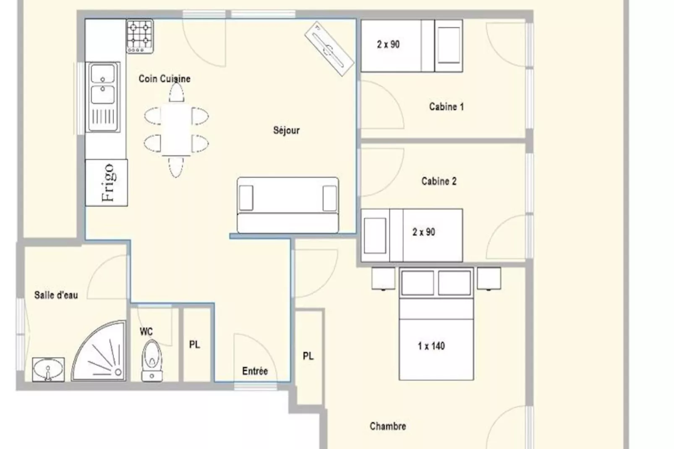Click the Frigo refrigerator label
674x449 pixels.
click(108, 183)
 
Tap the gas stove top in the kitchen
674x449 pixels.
click(140, 36)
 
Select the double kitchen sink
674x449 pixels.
click(103, 97)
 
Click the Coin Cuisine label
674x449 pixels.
click(165, 79)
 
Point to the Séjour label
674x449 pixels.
click(287, 131)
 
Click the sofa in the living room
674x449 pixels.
click(287, 205)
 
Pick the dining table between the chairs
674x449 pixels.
click(176, 130)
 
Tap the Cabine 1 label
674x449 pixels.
click(447, 107)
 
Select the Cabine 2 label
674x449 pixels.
click(439, 181)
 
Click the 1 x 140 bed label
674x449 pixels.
click(431, 346)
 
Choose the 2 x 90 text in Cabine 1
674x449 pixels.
click(389, 44)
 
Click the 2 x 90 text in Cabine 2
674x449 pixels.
click(423, 232)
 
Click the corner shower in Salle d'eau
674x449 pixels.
click(99, 351)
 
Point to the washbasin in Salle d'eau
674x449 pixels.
click(48, 369)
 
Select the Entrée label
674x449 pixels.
click(255, 371)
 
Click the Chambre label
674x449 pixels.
click(388, 426)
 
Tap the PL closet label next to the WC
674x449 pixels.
click(195, 345)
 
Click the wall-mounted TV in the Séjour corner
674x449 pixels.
click(329, 49)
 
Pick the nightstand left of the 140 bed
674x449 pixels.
click(383, 279)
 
